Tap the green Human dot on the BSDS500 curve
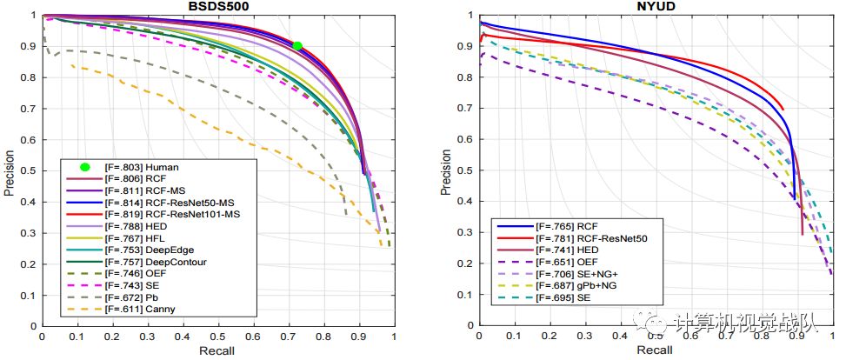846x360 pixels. click(296, 46)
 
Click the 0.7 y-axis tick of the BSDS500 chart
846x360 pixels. click(33, 109)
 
